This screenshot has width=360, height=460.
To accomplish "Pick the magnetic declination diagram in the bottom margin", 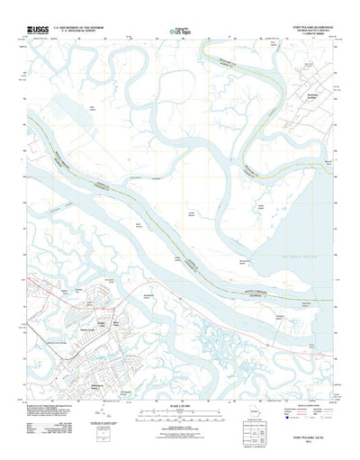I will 105,421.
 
